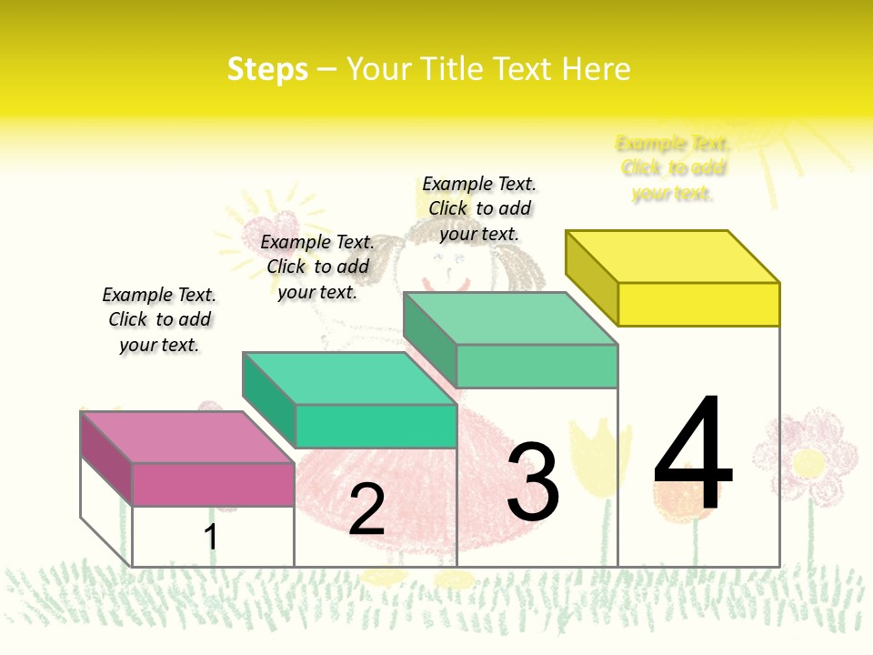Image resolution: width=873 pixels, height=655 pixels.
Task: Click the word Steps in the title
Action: pos(267,69)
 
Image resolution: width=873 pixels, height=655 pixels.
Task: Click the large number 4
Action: pos(693,455)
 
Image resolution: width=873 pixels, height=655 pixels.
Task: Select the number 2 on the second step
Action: pos(366,509)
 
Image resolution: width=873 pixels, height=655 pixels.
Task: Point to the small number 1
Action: pos(210,537)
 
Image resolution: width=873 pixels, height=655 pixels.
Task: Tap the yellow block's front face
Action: pos(698,304)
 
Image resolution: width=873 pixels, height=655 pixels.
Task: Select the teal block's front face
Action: pos(376,426)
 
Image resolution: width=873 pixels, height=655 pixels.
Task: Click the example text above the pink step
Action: pos(159,319)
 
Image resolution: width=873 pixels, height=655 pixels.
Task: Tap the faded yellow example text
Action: pos(673,168)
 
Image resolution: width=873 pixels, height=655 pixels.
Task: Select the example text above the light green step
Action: pos(479,208)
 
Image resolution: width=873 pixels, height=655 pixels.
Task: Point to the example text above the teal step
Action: pos(317,267)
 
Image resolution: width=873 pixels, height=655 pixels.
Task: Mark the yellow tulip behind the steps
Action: pos(600,455)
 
